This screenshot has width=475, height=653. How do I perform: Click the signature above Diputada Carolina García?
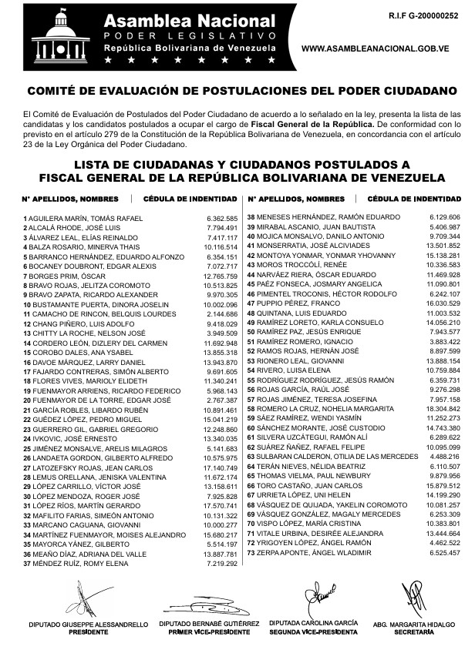coord(319,595)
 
